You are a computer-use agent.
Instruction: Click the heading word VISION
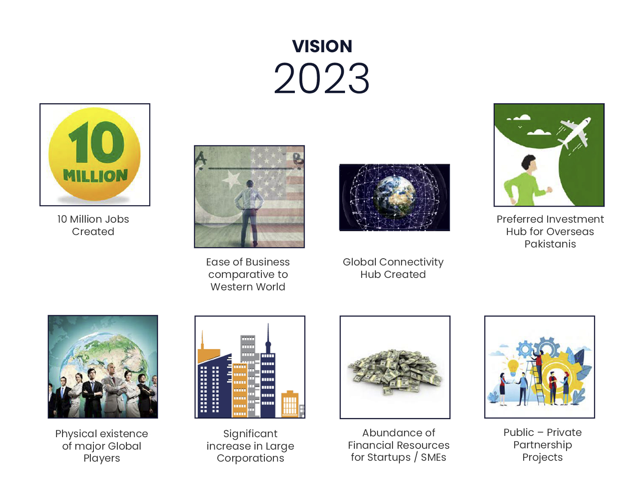pyautogui.click(x=322, y=46)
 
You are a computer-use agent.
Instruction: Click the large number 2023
pyautogui.click(x=321, y=78)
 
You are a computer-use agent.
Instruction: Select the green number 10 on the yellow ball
pyautogui.click(x=96, y=142)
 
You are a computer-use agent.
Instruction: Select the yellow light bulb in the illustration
pyautogui.click(x=513, y=367)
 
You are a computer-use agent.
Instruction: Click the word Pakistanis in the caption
pyautogui.click(x=550, y=244)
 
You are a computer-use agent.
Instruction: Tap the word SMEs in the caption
pyautogui.click(x=433, y=457)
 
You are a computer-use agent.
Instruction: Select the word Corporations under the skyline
pyautogui.click(x=250, y=458)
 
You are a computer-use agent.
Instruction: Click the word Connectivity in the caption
pyautogui.click(x=411, y=262)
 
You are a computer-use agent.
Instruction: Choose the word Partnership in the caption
pyautogui.click(x=543, y=445)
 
